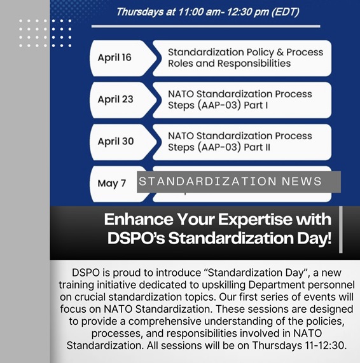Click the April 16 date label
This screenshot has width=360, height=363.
[115, 58]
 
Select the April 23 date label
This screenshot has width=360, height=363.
[115, 100]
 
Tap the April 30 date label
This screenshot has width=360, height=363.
[115, 141]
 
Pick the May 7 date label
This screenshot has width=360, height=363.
[111, 183]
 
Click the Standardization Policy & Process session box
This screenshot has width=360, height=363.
[241, 58]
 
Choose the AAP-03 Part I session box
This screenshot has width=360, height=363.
[241, 99]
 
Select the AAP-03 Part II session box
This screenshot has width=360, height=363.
[241, 141]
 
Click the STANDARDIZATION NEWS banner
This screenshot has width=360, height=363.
[239, 182]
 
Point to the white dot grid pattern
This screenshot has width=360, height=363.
[45, 33]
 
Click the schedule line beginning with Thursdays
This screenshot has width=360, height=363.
[207, 12]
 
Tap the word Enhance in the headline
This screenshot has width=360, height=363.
[136, 220]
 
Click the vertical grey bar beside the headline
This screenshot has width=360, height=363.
[341, 229]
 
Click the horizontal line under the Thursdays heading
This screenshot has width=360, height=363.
[205, 26]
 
